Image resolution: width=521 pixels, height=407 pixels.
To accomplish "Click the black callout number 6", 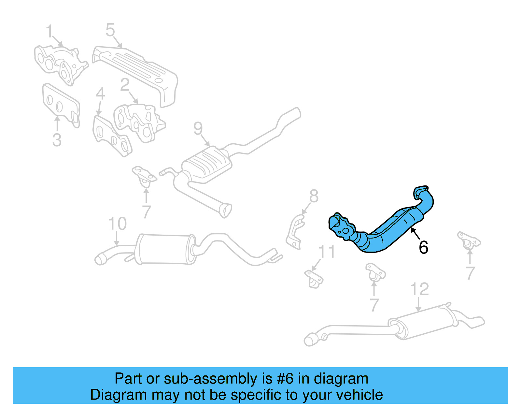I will click(423, 247).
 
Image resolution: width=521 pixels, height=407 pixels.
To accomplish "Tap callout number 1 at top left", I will click(49, 32).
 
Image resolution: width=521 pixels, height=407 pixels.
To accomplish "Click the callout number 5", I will click(110, 30).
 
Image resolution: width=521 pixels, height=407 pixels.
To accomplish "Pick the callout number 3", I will click(57, 140).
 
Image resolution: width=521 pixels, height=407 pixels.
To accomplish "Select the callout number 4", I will click(100, 94).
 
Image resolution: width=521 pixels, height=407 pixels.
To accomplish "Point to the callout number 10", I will click(117, 224).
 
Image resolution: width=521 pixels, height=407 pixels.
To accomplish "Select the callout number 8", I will click(314, 196).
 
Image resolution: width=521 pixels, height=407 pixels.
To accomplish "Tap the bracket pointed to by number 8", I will click(295, 233).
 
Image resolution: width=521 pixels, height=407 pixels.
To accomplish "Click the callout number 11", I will click(327, 252).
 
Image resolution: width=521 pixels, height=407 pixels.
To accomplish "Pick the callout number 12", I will click(419, 289).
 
